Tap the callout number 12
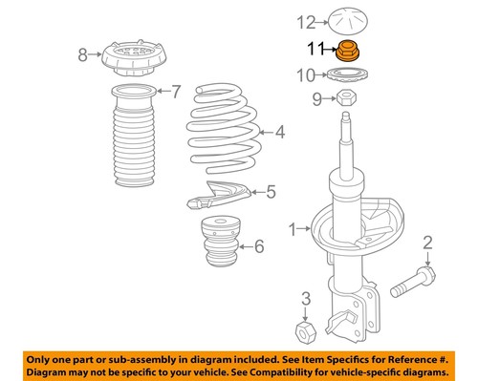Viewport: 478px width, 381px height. click(x=305, y=20)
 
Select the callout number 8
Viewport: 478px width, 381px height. click(x=82, y=53)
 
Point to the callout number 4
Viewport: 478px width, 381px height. click(x=280, y=133)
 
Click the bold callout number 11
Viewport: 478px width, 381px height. click(x=315, y=47)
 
